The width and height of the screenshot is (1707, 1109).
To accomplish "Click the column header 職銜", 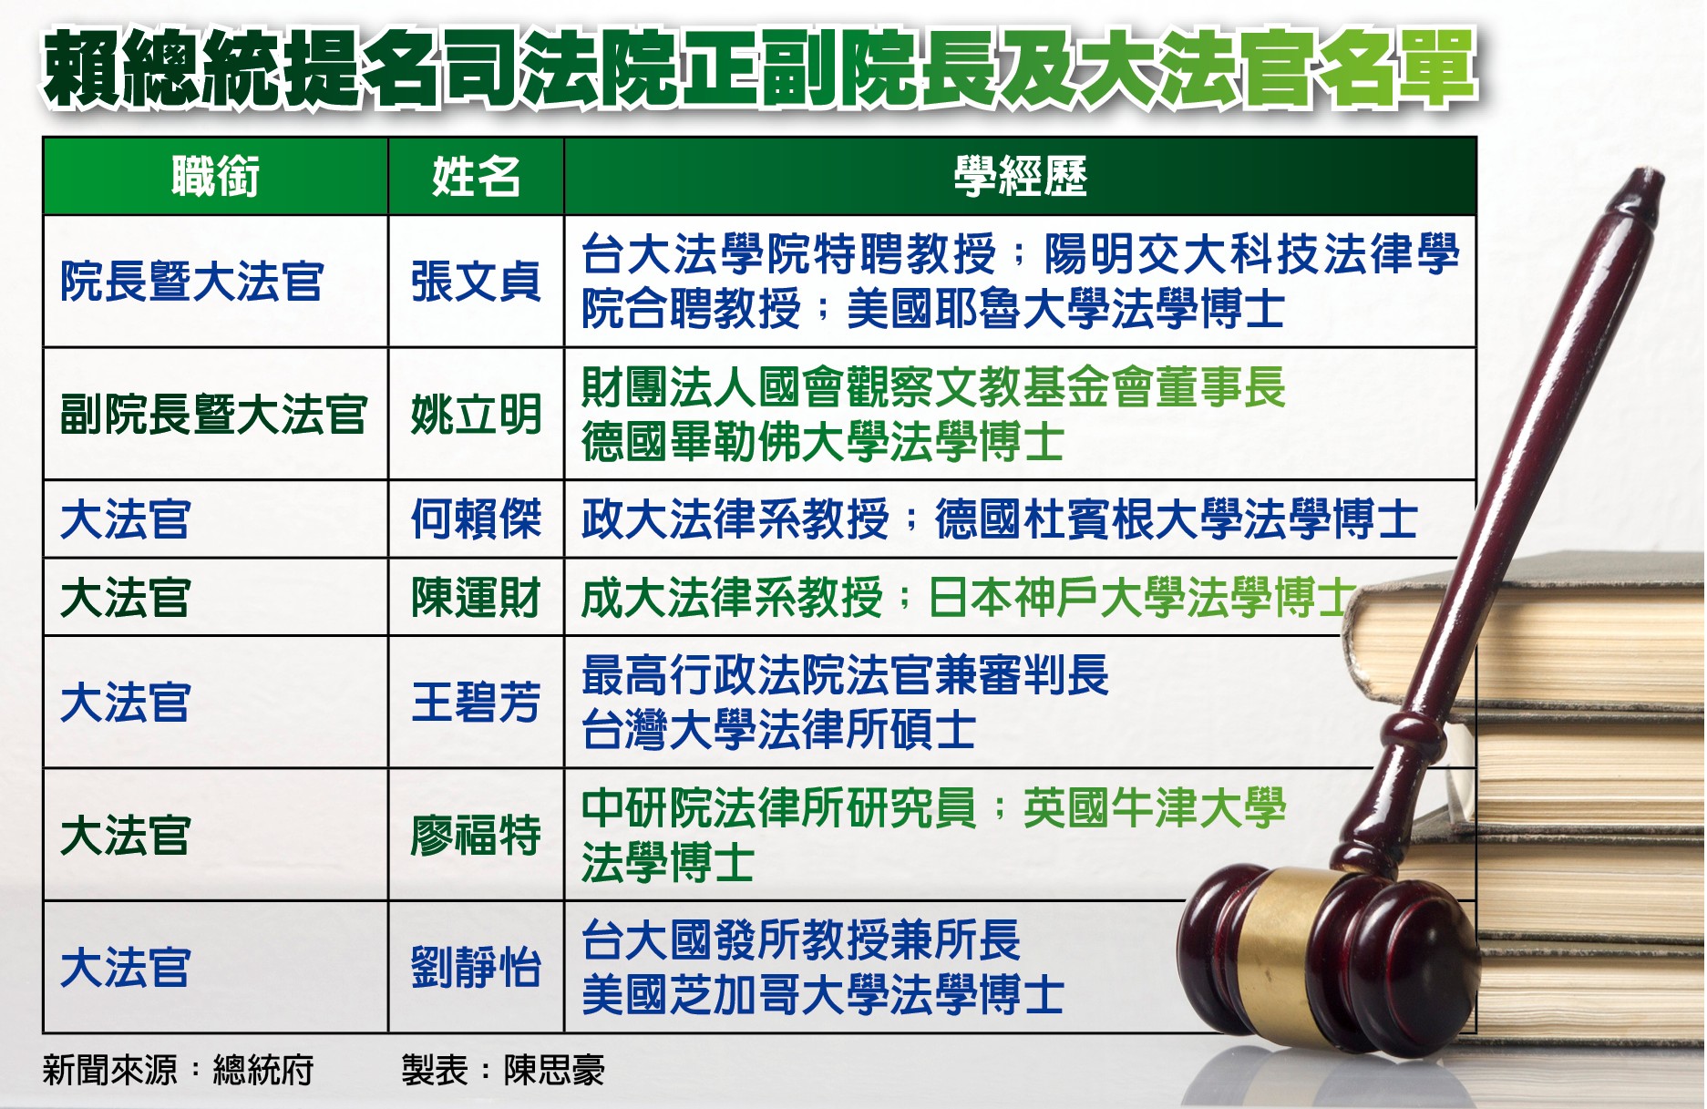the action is click(x=215, y=177).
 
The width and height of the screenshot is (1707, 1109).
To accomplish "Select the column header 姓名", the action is click(x=476, y=177).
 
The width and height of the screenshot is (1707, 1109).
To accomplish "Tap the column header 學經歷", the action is click(x=1020, y=177).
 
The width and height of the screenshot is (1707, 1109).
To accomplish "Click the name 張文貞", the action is click(x=476, y=281).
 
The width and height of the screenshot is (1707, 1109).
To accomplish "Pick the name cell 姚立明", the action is click(x=476, y=415).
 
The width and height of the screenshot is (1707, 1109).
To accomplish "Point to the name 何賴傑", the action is click(x=476, y=519).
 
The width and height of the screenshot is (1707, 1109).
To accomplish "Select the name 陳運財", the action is click(x=476, y=598).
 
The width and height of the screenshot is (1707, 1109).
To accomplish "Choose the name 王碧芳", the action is click(x=476, y=703).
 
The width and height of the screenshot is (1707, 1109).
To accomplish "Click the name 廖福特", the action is click(x=476, y=836).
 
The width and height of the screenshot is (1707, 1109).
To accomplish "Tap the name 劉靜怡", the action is click(x=476, y=968).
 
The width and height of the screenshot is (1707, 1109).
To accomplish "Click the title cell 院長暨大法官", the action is click(x=191, y=281).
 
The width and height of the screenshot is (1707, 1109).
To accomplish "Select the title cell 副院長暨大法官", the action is click(x=213, y=415).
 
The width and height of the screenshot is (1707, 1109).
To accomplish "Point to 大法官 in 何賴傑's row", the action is click(x=126, y=519).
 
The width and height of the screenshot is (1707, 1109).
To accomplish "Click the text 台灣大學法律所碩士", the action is click(x=779, y=730).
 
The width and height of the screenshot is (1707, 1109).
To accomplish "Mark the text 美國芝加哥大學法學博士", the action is click(x=823, y=994).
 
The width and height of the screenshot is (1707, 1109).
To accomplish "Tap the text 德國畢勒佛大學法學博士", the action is click(x=823, y=442).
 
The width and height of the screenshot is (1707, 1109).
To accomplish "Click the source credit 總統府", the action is click(x=263, y=1070).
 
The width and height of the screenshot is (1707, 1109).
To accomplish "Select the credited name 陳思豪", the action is click(x=554, y=1070).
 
